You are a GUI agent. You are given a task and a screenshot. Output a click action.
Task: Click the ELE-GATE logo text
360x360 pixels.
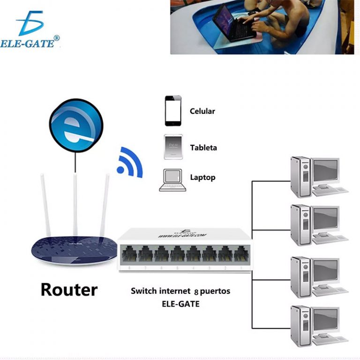click(x=30, y=44)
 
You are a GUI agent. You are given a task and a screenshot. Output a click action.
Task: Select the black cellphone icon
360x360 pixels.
click(x=172, y=111)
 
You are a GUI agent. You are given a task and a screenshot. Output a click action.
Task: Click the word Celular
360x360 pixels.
click(x=202, y=112)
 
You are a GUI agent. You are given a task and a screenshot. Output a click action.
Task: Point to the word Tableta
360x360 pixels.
click(x=203, y=148)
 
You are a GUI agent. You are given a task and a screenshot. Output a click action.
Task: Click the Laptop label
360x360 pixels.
click(x=202, y=178)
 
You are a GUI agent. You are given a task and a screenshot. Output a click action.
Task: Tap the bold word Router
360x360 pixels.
click(x=69, y=289)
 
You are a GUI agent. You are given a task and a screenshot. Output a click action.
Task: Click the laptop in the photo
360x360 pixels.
click(x=230, y=23)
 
